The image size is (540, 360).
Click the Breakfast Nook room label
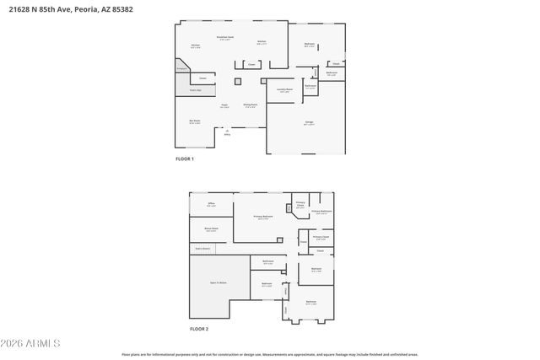click(224, 37)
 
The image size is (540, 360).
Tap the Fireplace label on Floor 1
click(181, 70)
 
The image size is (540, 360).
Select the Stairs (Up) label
click(195, 89)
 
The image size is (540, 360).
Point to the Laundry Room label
click(283, 90)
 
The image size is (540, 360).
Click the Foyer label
click(224, 105)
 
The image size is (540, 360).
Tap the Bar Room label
click(195, 121)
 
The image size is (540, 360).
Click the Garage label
click(309, 123)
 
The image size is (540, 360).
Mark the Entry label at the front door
click(227, 134)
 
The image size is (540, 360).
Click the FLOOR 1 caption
click(184, 159)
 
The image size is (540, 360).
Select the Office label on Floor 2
click(211, 204)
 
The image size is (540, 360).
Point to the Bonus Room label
click(211, 228)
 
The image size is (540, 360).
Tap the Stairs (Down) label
click(202, 248)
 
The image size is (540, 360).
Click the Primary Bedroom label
click(264, 217)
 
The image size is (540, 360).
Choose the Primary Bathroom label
click(321, 212)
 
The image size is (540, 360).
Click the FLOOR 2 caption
click(198, 328)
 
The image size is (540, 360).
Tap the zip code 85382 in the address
click(121, 8)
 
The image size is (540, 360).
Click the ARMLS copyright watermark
click(30, 343)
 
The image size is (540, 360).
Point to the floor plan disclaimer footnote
click(269, 354)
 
